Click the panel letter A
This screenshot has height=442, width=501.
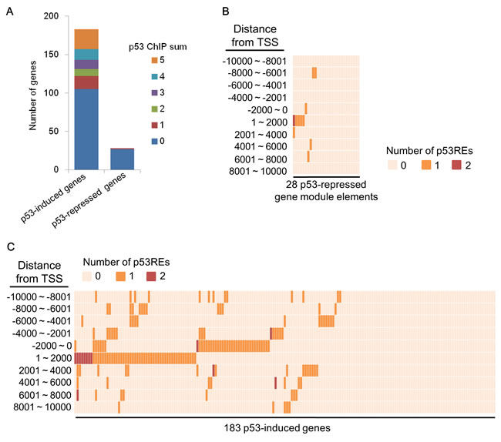pos(9,9)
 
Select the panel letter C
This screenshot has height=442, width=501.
pos(9,246)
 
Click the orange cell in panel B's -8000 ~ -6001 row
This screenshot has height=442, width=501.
pos(314,72)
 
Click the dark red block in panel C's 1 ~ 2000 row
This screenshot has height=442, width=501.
pos(83,357)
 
